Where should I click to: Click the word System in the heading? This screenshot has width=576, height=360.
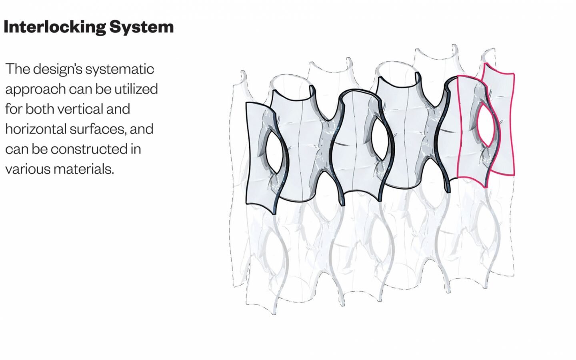(142, 27)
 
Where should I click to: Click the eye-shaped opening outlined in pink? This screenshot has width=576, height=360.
(486, 125)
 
